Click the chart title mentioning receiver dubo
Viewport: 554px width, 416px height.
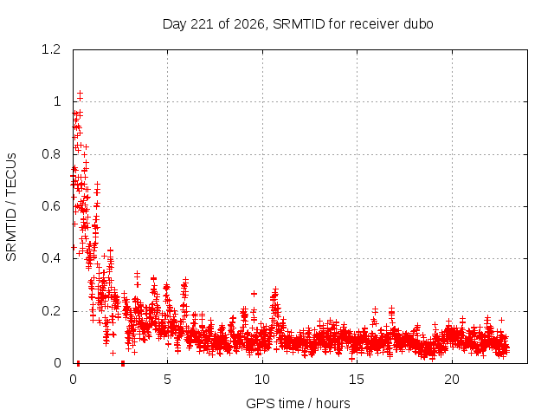[x=298, y=24]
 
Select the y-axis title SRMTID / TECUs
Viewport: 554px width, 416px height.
[x=11, y=207]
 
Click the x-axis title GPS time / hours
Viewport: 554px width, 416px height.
[x=298, y=403]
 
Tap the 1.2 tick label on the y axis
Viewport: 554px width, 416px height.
[x=51, y=49]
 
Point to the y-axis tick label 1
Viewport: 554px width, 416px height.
[x=57, y=102]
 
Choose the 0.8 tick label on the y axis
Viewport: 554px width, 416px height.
[x=51, y=154]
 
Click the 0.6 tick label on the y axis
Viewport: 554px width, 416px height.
[x=51, y=206]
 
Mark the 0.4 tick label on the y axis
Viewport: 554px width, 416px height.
[x=51, y=258]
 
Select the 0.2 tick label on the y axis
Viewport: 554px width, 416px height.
[x=51, y=311]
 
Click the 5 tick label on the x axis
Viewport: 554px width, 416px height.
[x=167, y=380]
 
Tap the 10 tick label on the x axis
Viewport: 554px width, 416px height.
[x=262, y=380]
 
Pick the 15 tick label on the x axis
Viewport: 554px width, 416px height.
[x=357, y=380]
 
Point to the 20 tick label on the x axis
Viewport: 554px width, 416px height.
[x=452, y=380]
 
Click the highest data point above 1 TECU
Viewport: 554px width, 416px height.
[x=81, y=93]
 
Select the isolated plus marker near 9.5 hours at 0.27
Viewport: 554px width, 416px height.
[x=254, y=294]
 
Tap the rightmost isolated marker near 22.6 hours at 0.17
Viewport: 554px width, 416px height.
[x=501, y=320]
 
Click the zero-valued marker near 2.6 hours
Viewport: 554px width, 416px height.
[x=123, y=363]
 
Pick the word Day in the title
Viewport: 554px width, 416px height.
[x=175, y=24]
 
